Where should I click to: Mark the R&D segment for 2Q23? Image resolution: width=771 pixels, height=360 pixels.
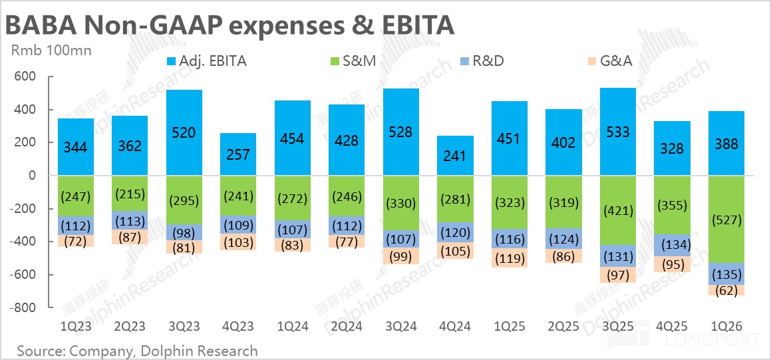tap(130, 220)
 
